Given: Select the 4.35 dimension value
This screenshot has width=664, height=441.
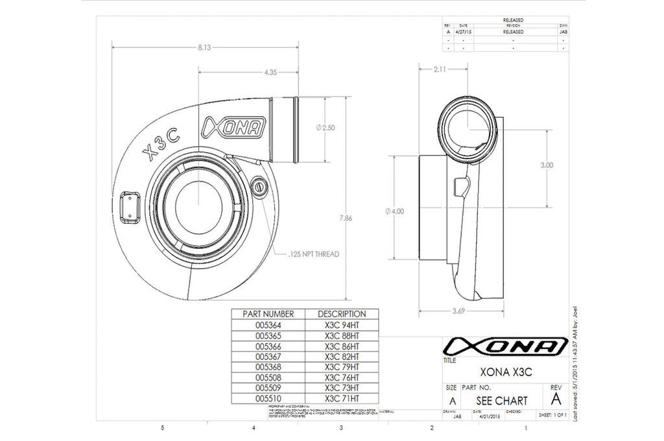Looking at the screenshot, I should [x=271, y=73].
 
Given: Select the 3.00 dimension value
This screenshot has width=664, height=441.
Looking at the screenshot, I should [x=547, y=165].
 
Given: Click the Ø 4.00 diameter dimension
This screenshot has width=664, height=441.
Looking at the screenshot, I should [x=394, y=211].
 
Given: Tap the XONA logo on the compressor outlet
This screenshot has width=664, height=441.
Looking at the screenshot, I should [x=233, y=127].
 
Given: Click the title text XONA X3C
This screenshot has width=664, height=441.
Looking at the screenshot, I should [x=498, y=372].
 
